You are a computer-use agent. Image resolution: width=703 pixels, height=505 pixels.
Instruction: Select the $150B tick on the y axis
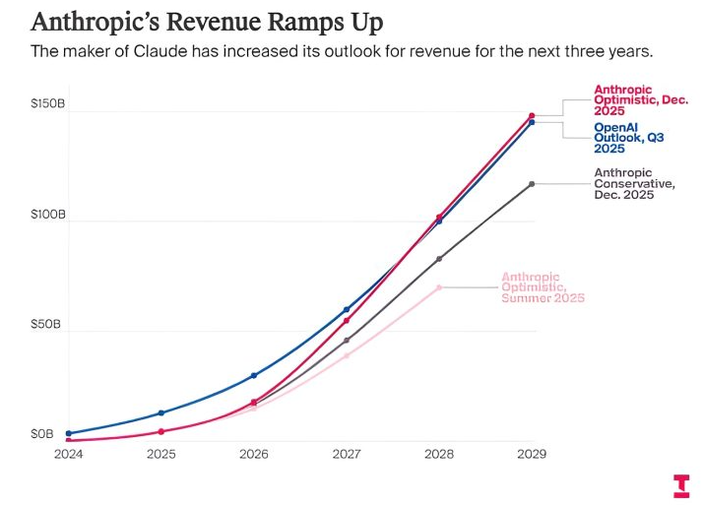pos(47,103)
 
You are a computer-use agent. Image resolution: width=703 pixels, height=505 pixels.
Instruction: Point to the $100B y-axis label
pos(47,214)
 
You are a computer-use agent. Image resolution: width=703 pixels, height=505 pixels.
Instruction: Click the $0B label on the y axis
pos(44,433)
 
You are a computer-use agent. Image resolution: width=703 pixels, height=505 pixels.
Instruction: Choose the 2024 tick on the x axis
pos(68,455)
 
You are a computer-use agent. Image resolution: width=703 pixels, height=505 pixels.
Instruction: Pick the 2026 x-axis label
pos(254,455)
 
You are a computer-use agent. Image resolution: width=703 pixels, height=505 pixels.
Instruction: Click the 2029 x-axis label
pos(532,455)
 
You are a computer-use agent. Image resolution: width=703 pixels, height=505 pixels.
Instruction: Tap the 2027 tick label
pos(347,455)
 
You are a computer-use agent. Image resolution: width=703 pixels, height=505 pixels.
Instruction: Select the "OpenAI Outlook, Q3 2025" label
pos(627,138)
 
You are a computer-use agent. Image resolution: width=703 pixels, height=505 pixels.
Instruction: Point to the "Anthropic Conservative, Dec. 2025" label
pos(633,184)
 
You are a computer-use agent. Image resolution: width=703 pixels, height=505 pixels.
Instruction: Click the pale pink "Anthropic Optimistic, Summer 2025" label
pos(543,286)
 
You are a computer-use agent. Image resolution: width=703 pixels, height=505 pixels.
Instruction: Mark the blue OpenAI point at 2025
pos(161,412)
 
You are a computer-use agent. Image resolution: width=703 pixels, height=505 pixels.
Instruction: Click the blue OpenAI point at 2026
pos(254,375)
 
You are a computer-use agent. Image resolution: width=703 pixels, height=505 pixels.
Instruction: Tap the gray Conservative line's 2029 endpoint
pos(532,184)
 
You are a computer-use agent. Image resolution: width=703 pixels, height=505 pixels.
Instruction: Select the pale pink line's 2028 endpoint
pos(439,287)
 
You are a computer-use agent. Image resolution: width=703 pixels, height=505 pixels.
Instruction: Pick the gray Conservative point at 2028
pos(439,259)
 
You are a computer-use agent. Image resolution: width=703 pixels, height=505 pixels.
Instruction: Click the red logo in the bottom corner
pos(681,485)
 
